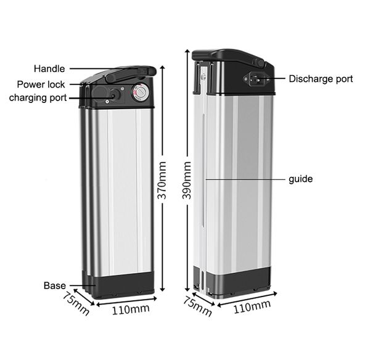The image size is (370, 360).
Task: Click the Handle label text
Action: point(49,69)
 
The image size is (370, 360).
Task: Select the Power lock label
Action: point(41,84)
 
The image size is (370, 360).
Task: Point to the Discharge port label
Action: point(321,79)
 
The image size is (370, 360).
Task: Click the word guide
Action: point(300,179)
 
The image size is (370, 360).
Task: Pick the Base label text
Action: point(54,286)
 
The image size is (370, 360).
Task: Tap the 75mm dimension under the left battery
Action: point(76,303)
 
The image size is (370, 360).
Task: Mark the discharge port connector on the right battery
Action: point(257,79)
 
